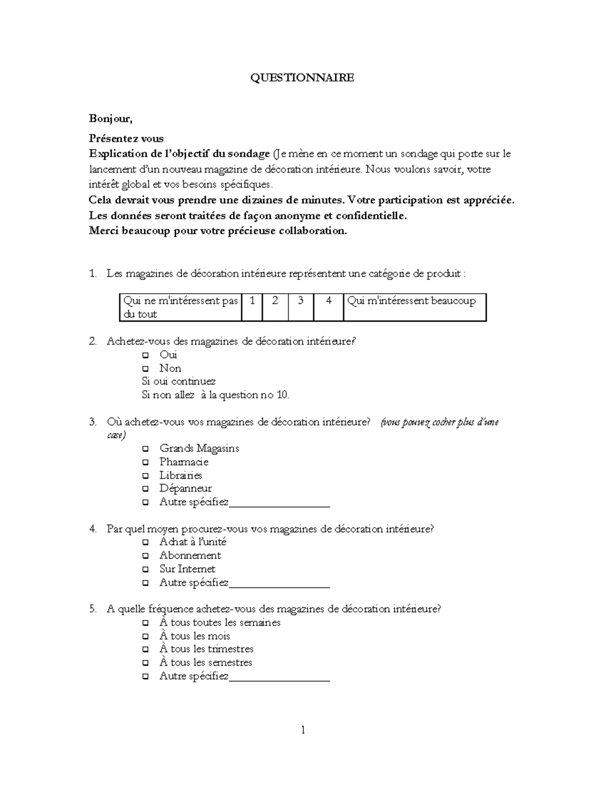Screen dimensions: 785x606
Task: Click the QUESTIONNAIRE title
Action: tap(303, 78)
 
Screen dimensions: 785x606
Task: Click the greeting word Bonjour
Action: tap(111, 119)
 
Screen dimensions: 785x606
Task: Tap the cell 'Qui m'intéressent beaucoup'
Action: tap(414, 307)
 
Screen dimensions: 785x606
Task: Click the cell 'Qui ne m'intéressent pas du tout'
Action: tap(180, 307)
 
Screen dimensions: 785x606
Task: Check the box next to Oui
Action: tap(145, 355)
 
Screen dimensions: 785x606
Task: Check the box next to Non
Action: tap(145, 369)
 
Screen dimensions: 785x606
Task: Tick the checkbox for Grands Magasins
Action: tap(145, 449)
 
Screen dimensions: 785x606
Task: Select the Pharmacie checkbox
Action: tap(145, 463)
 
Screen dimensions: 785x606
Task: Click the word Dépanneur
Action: tap(185, 489)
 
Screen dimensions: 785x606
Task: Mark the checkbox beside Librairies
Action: tap(145, 476)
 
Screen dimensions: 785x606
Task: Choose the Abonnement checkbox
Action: tap(145, 556)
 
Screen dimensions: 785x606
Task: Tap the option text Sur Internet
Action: tap(187, 569)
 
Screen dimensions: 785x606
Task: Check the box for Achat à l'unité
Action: tap(145, 542)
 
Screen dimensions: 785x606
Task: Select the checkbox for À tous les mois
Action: tap(145, 636)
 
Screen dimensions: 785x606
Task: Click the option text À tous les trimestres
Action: tap(206, 649)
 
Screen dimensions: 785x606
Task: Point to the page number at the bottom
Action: tap(303, 730)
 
